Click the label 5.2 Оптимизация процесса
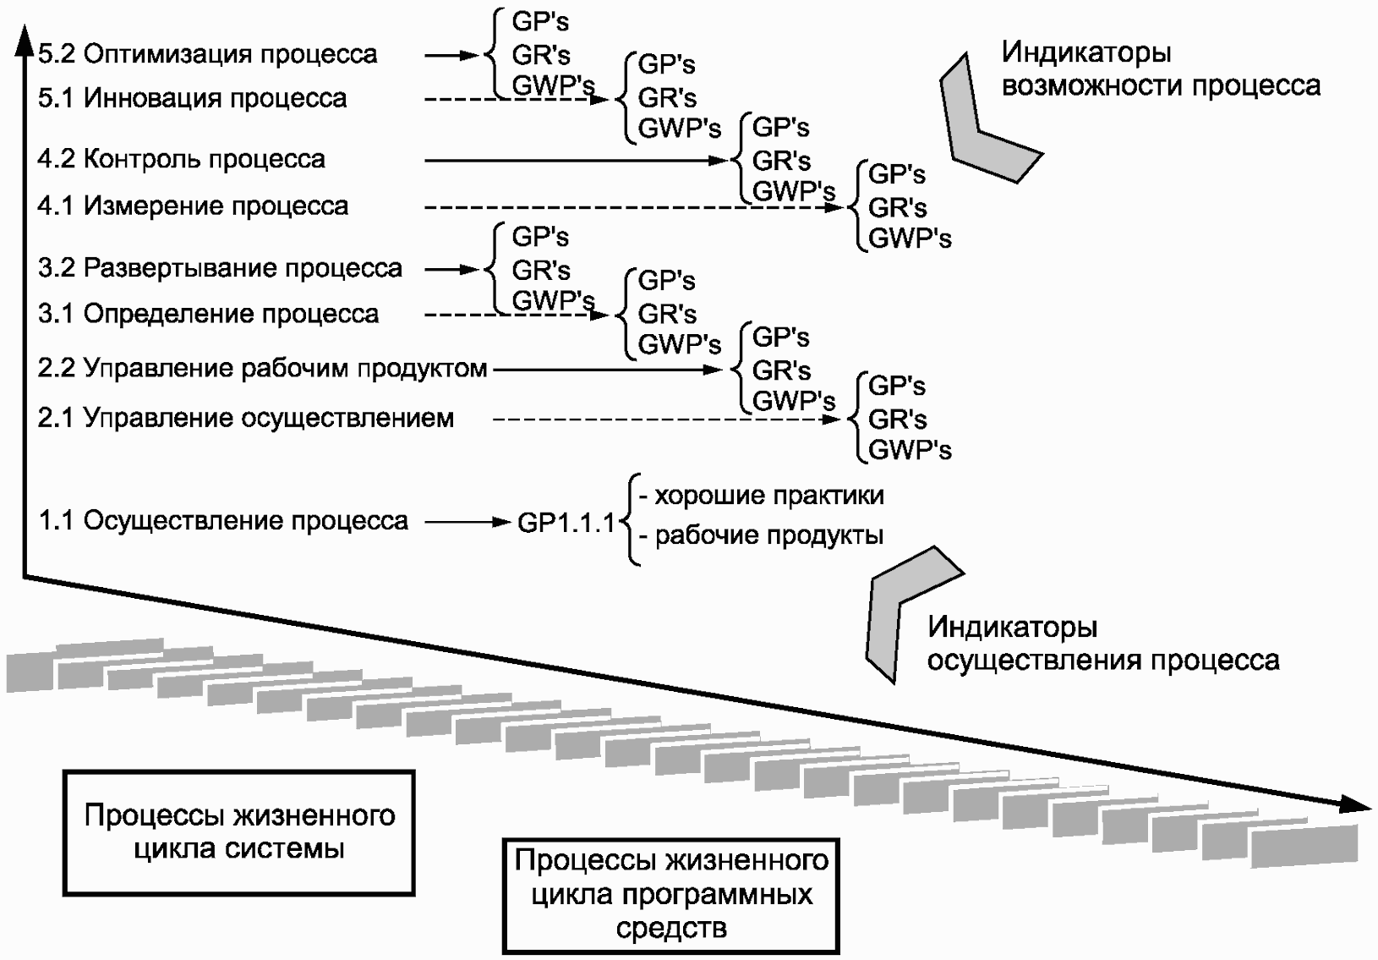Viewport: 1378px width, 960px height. click(207, 54)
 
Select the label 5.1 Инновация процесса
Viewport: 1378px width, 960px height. click(192, 98)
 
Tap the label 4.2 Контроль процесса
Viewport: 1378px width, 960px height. click(181, 159)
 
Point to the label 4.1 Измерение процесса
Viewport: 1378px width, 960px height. click(193, 206)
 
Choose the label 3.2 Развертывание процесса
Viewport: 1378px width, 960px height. click(220, 268)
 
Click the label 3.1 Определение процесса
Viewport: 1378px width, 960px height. click(208, 314)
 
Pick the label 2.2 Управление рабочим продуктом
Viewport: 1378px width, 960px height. click(262, 369)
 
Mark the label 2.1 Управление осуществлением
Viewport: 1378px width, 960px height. click(245, 419)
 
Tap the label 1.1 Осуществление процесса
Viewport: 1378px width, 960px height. click(222, 521)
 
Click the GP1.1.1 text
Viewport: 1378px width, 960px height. click(566, 523)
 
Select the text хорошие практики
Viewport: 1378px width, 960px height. click(769, 496)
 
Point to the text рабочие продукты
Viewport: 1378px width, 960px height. click(769, 535)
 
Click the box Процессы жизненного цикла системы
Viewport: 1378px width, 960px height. click(238, 832)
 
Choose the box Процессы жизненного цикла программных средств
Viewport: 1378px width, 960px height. click(671, 896)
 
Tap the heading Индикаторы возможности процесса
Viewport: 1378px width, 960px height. click(1161, 69)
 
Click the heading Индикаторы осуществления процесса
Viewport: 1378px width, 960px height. click(1103, 644)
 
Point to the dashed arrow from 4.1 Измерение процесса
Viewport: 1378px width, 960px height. click(634, 207)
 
